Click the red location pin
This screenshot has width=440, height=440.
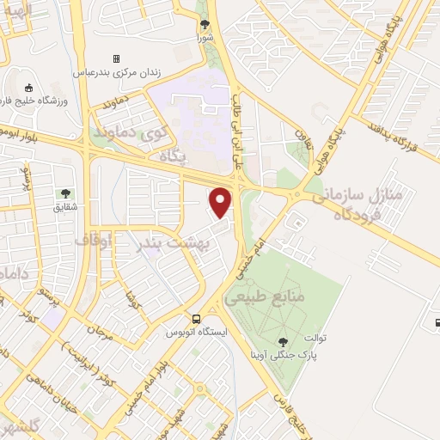[221, 202]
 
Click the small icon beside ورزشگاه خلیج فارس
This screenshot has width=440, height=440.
[28, 87]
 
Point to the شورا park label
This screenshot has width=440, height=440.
[203, 37]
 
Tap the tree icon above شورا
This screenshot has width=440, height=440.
[203, 25]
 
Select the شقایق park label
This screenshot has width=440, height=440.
[65, 206]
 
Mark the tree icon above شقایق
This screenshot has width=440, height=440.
[65, 193]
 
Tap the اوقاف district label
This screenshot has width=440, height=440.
[94, 240]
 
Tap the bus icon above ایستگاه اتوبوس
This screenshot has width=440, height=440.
[198, 317]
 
